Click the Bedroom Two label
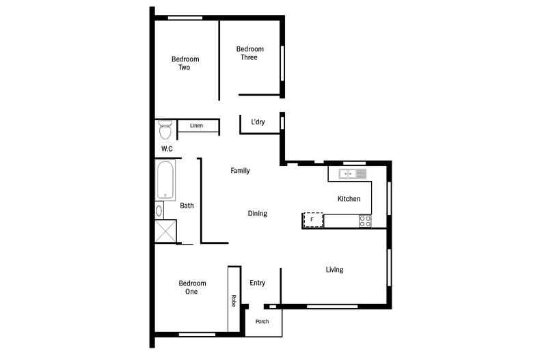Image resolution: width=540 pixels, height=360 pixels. tap(185, 64)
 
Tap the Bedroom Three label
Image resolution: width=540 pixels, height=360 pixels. tap(250, 53)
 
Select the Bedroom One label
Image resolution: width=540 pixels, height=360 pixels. tap(192, 288)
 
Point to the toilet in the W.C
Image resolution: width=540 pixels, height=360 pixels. tap(165, 130)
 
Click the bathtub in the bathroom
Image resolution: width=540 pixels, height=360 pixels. tap(165, 180)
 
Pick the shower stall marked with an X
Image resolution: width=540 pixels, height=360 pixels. tap(165, 231)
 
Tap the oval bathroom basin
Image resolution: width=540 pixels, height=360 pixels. tap(159, 210)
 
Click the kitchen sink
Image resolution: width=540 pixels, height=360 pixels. tap(352, 174)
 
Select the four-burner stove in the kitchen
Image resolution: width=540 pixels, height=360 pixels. tap(365, 221)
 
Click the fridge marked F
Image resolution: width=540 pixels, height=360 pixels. tap(312, 220)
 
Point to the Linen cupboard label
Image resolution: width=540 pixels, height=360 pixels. tap(196, 126)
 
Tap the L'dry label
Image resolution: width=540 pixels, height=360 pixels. tap(258, 122)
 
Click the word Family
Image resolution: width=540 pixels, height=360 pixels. tap(240, 170)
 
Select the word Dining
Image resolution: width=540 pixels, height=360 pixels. tap(257, 213)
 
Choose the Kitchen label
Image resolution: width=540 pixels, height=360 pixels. tap(349, 199)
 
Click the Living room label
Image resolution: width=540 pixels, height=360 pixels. tap(334, 269)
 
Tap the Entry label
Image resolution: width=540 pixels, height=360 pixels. tap(257, 283)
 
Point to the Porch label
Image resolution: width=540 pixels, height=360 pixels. tap(262, 322)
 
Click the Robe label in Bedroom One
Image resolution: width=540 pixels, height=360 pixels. tap(234, 301)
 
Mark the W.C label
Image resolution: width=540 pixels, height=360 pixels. tap(167, 149)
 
